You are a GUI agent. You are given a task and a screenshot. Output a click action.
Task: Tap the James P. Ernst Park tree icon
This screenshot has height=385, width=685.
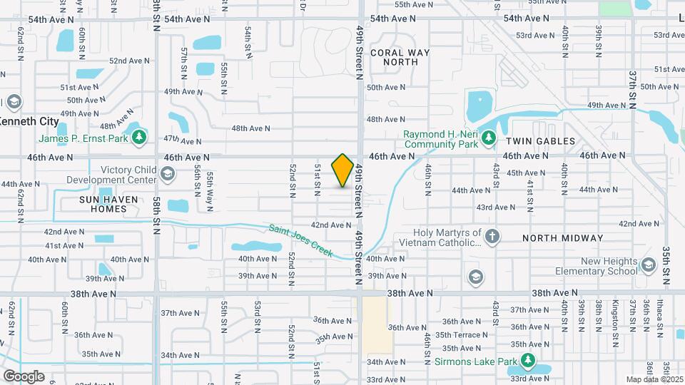[x=140, y=137]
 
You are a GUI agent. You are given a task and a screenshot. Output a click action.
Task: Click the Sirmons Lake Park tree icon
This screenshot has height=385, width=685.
[x=528, y=361]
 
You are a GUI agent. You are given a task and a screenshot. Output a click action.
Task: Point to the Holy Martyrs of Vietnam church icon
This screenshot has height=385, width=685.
[x=492, y=236]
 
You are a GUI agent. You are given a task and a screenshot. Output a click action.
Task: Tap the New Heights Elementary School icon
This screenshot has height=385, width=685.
[x=648, y=266]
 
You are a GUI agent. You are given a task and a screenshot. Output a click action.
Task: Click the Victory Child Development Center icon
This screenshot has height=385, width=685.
[x=167, y=174]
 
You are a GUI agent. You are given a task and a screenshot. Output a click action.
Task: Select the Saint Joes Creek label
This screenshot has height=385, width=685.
[x=302, y=240]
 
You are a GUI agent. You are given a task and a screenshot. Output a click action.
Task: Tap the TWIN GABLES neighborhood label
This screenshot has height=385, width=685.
[x=540, y=141]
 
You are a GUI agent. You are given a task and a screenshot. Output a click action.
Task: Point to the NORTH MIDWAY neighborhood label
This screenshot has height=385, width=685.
[x=562, y=238]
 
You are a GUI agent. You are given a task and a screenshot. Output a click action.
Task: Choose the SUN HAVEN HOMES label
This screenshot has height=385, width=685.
[x=103, y=203]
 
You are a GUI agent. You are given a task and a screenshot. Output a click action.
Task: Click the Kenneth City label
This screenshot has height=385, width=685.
[x=29, y=121]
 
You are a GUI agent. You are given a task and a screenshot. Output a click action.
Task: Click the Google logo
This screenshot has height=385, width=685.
[x=23, y=376]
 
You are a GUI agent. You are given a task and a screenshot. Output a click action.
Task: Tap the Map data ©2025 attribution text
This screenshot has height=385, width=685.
[x=654, y=379]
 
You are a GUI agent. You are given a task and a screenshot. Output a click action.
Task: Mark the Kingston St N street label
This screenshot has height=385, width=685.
[x=614, y=314]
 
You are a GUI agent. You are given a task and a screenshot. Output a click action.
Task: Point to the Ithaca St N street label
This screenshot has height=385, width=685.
[x=656, y=314]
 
